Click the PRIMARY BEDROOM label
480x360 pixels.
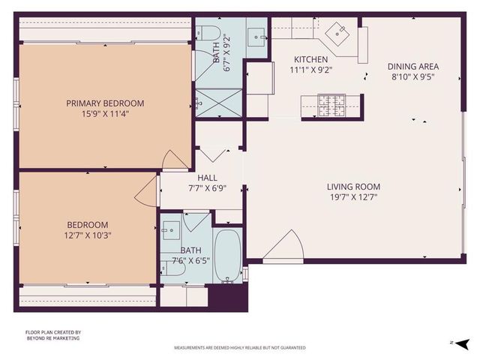coord(105,103)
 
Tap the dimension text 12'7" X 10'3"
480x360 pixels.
coord(88,235)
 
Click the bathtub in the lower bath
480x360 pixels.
coord(227,254)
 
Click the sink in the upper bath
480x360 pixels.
coord(258,34)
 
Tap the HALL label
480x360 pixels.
coord(207,156)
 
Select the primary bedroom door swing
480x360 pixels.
coord(177,159)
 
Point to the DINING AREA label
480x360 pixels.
coord(411,65)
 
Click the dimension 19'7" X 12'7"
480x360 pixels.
coord(353,198)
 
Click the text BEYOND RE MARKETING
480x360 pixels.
coord(52,338)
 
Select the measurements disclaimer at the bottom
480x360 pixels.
coord(240,348)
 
